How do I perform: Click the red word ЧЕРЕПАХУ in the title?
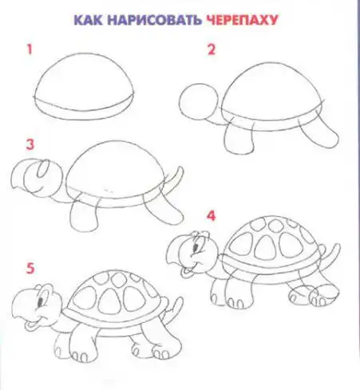pyautogui.click(x=242, y=20)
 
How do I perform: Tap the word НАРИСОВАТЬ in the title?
pyautogui.click(x=154, y=20)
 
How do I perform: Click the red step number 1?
pyautogui.click(x=30, y=49)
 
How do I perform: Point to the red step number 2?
pyautogui.click(x=212, y=49)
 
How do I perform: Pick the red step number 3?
pyautogui.click(x=30, y=144)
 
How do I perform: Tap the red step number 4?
pyautogui.click(x=211, y=215)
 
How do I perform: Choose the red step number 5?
pyautogui.click(x=30, y=268)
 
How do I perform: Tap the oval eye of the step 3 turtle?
pyautogui.click(x=43, y=168)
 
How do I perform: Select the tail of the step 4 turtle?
pyautogui.click(x=333, y=254)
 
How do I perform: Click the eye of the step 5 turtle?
pyautogui.click(x=41, y=301)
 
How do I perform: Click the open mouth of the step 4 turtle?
pyautogui.click(x=186, y=271)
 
